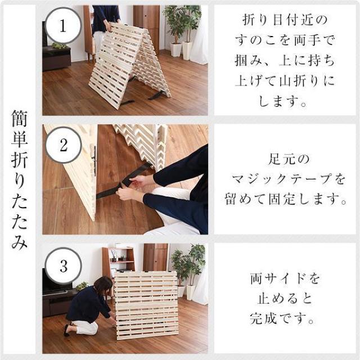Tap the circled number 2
point(64,146)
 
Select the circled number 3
point(64,265)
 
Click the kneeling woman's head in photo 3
point(103,285)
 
